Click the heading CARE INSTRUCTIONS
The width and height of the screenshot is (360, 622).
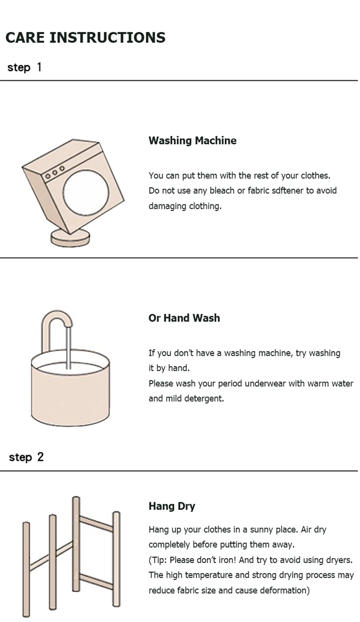(x=85, y=38)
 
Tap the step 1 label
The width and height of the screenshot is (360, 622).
(x=24, y=68)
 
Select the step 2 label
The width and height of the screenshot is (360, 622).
(x=26, y=457)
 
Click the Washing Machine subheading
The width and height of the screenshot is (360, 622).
(x=192, y=140)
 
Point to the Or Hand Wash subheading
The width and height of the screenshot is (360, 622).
(x=184, y=318)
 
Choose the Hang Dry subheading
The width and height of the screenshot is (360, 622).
(x=172, y=506)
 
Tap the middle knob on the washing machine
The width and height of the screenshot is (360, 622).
(x=55, y=173)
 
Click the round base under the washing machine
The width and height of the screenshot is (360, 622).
(x=70, y=239)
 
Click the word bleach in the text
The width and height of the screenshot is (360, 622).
(x=222, y=191)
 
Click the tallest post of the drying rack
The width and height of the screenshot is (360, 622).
(x=76, y=544)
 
